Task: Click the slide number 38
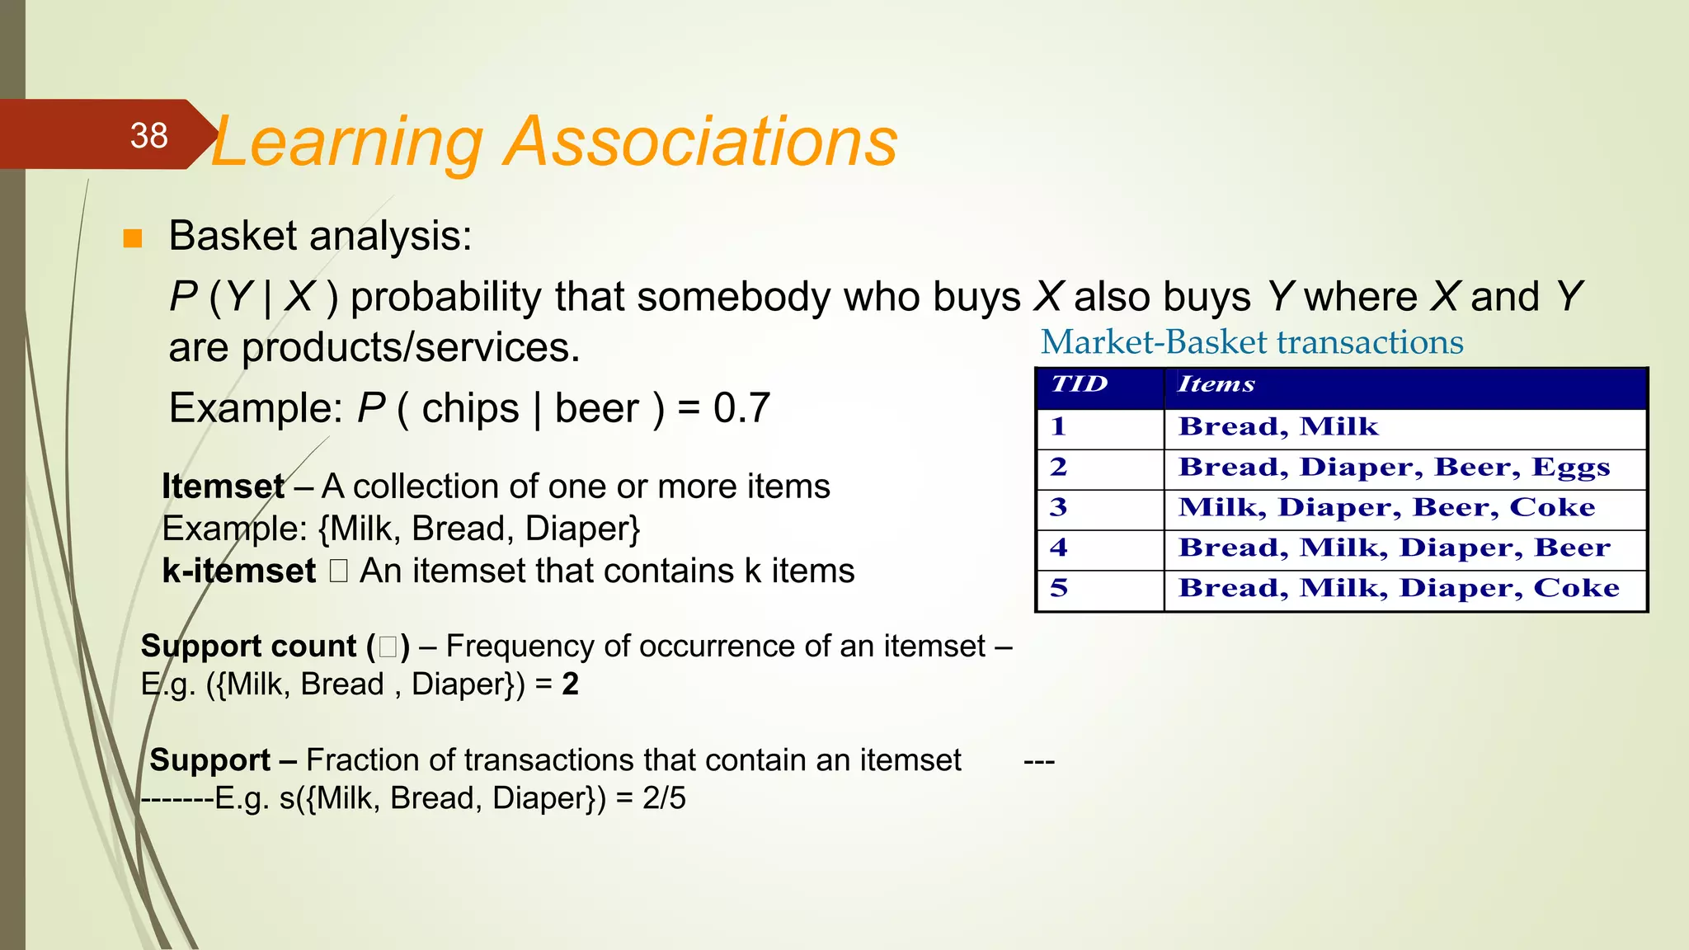tap(148, 135)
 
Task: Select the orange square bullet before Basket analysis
tap(132, 239)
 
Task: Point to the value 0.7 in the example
tap(741, 407)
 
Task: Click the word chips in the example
tap(470, 407)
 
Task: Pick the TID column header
tap(1079, 384)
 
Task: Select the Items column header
tap(1216, 384)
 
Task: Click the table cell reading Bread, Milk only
tap(1278, 426)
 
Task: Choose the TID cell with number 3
tap(1059, 507)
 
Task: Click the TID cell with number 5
tap(1059, 588)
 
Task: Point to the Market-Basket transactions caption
tap(1252, 342)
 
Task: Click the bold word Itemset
tap(223, 486)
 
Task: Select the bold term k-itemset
tap(238, 571)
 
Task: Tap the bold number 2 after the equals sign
tap(570, 684)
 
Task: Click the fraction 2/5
tap(664, 797)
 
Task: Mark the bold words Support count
tap(249, 646)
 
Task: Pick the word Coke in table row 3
tap(1552, 507)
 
